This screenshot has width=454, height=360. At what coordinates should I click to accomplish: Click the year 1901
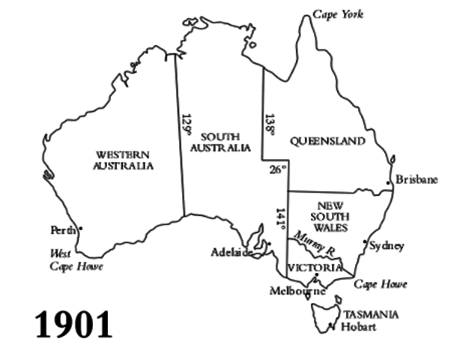pyautogui.click(x=74, y=324)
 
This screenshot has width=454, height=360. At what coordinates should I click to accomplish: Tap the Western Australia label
pyautogui.click(x=124, y=160)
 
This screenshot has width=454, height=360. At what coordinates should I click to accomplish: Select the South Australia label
pyautogui.click(x=220, y=142)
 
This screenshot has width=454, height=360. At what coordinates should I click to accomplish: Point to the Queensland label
pyautogui.click(x=327, y=141)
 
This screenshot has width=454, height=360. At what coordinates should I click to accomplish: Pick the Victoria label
pyautogui.click(x=315, y=268)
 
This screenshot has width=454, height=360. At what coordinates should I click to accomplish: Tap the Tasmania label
pyautogui.click(x=371, y=314)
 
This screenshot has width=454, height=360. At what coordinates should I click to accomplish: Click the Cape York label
pyautogui.click(x=338, y=14)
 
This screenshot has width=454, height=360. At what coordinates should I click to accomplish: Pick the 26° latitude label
pyautogui.click(x=277, y=169)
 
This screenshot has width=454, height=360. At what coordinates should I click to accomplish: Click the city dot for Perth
pyautogui.click(x=80, y=228)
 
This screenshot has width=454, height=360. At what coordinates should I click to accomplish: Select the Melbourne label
pyautogui.click(x=298, y=291)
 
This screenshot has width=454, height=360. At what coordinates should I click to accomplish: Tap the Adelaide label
pyautogui.click(x=231, y=252)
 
